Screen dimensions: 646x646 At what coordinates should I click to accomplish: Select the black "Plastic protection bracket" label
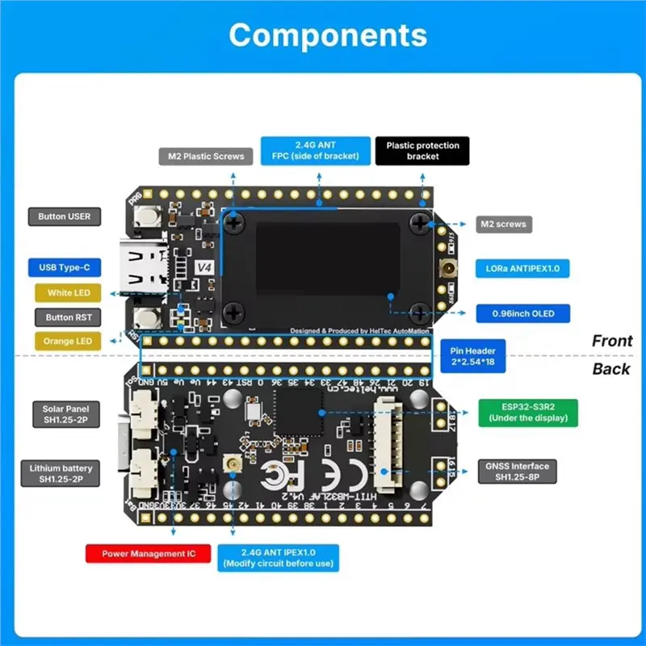click(422, 151)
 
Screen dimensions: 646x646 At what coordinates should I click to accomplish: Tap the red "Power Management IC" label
click(149, 555)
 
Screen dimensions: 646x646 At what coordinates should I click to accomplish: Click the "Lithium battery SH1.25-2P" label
click(61, 474)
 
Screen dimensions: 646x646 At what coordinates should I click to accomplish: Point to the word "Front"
click(612, 341)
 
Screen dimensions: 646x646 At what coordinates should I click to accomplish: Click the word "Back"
click(611, 369)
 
